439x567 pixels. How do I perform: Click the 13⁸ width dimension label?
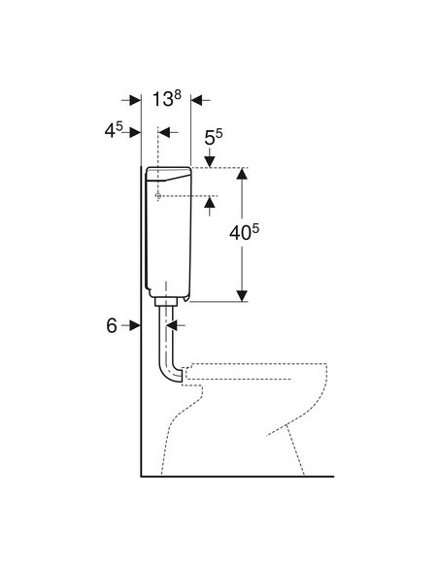coord(166,99)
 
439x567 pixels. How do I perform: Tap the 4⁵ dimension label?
coord(114,130)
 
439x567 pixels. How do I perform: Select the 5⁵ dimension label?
coord(214,137)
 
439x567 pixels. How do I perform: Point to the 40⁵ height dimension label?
coord(245,232)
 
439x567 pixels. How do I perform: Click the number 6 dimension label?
coord(112,326)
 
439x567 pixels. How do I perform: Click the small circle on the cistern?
coord(158,195)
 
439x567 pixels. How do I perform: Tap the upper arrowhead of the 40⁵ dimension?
coord(242,174)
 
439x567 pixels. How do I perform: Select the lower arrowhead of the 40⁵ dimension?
coord(242,296)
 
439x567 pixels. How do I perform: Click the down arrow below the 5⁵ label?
coord(210,162)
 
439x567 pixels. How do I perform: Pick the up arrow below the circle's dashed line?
coord(210,202)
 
